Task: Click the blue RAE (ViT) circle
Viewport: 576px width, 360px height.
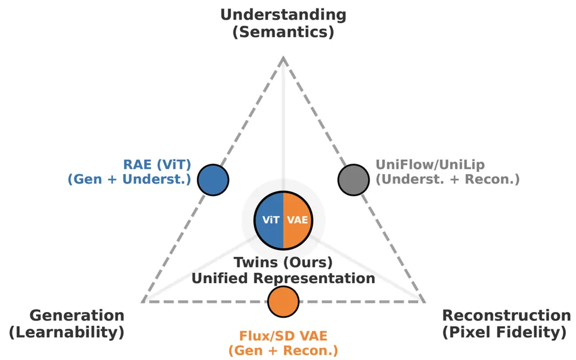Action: [213, 179]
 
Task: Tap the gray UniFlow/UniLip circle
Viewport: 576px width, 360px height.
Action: [353, 179]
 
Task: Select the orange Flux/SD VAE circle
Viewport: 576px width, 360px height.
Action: [283, 302]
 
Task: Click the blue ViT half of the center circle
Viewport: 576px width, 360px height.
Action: [269, 220]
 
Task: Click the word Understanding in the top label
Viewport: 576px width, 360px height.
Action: [283, 15]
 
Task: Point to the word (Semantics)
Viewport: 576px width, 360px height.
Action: [283, 32]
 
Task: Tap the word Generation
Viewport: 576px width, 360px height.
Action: [77, 315]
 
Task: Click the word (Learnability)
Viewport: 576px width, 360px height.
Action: [67, 332]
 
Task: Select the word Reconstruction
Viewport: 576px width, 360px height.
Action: [506, 315]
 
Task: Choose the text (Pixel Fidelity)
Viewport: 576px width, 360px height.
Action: [505, 332]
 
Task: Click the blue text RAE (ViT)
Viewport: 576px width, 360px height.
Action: [157, 164]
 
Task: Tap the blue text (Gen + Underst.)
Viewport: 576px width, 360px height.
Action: [130, 179]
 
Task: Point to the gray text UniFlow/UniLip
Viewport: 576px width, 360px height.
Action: [430, 164]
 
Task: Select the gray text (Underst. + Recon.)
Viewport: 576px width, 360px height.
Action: [448, 179]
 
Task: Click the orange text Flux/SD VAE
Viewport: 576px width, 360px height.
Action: [283, 336]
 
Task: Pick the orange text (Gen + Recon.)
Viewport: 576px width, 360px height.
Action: [283, 350]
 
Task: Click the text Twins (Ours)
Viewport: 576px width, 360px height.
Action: [283, 263]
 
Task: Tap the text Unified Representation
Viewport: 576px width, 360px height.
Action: [283, 278]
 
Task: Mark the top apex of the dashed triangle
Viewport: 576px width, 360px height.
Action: [283, 57]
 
